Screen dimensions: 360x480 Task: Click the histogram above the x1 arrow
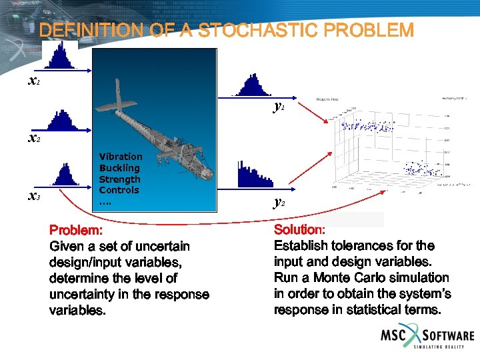[61, 55]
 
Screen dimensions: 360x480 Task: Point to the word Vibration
[121, 157]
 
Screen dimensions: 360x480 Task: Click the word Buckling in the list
[119, 168]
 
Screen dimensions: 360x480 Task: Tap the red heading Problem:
[76, 230]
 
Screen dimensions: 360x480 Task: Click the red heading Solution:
[299, 229]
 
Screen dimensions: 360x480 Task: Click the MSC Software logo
[427, 336]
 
